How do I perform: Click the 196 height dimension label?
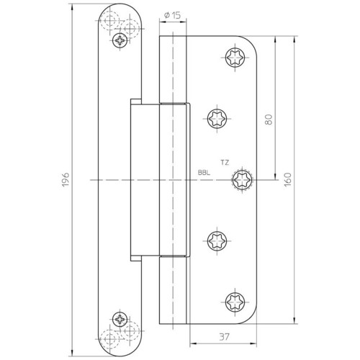pyautogui.click(x=66, y=179)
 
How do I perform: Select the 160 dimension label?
pyautogui.click(x=287, y=179)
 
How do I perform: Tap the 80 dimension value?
pyautogui.click(x=269, y=120)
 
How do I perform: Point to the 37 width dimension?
pyautogui.click(x=225, y=337)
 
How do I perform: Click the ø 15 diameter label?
pyautogui.click(x=172, y=16)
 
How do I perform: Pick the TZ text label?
pyautogui.click(x=225, y=163)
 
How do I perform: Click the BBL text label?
pyautogui.click(x=204, y=172)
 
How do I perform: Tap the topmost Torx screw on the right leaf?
pyautogui.click(x=235, y=58)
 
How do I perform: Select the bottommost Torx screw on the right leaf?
pyautogui.click(x=235, y=302)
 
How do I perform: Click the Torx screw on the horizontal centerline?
pyautogui.click(x=242, y=179)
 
